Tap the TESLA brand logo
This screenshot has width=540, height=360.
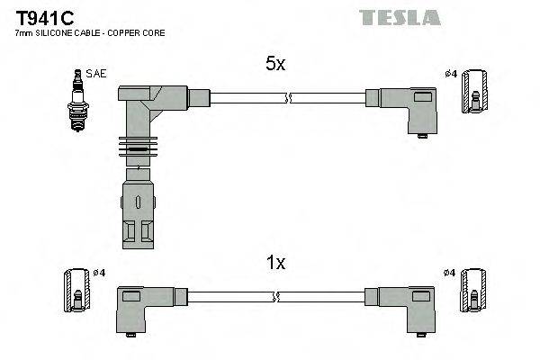(x=400, y=17)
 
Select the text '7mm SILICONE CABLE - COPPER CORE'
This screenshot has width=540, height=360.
(x=90, y=32)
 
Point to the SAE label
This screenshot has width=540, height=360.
(x=95, y=74)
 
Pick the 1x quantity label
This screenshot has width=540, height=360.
(x=274, y=263)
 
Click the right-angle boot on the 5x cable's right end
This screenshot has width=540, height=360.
(x=409, y=107)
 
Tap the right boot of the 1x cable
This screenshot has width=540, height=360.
(x=409, y=305)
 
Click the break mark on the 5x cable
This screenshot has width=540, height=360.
(x=285, y=97)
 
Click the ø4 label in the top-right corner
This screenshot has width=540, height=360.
(x=451, y=74)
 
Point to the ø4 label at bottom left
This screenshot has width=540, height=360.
(x=98, y=273)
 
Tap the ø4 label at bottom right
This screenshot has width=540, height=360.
(x=451, y=273)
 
